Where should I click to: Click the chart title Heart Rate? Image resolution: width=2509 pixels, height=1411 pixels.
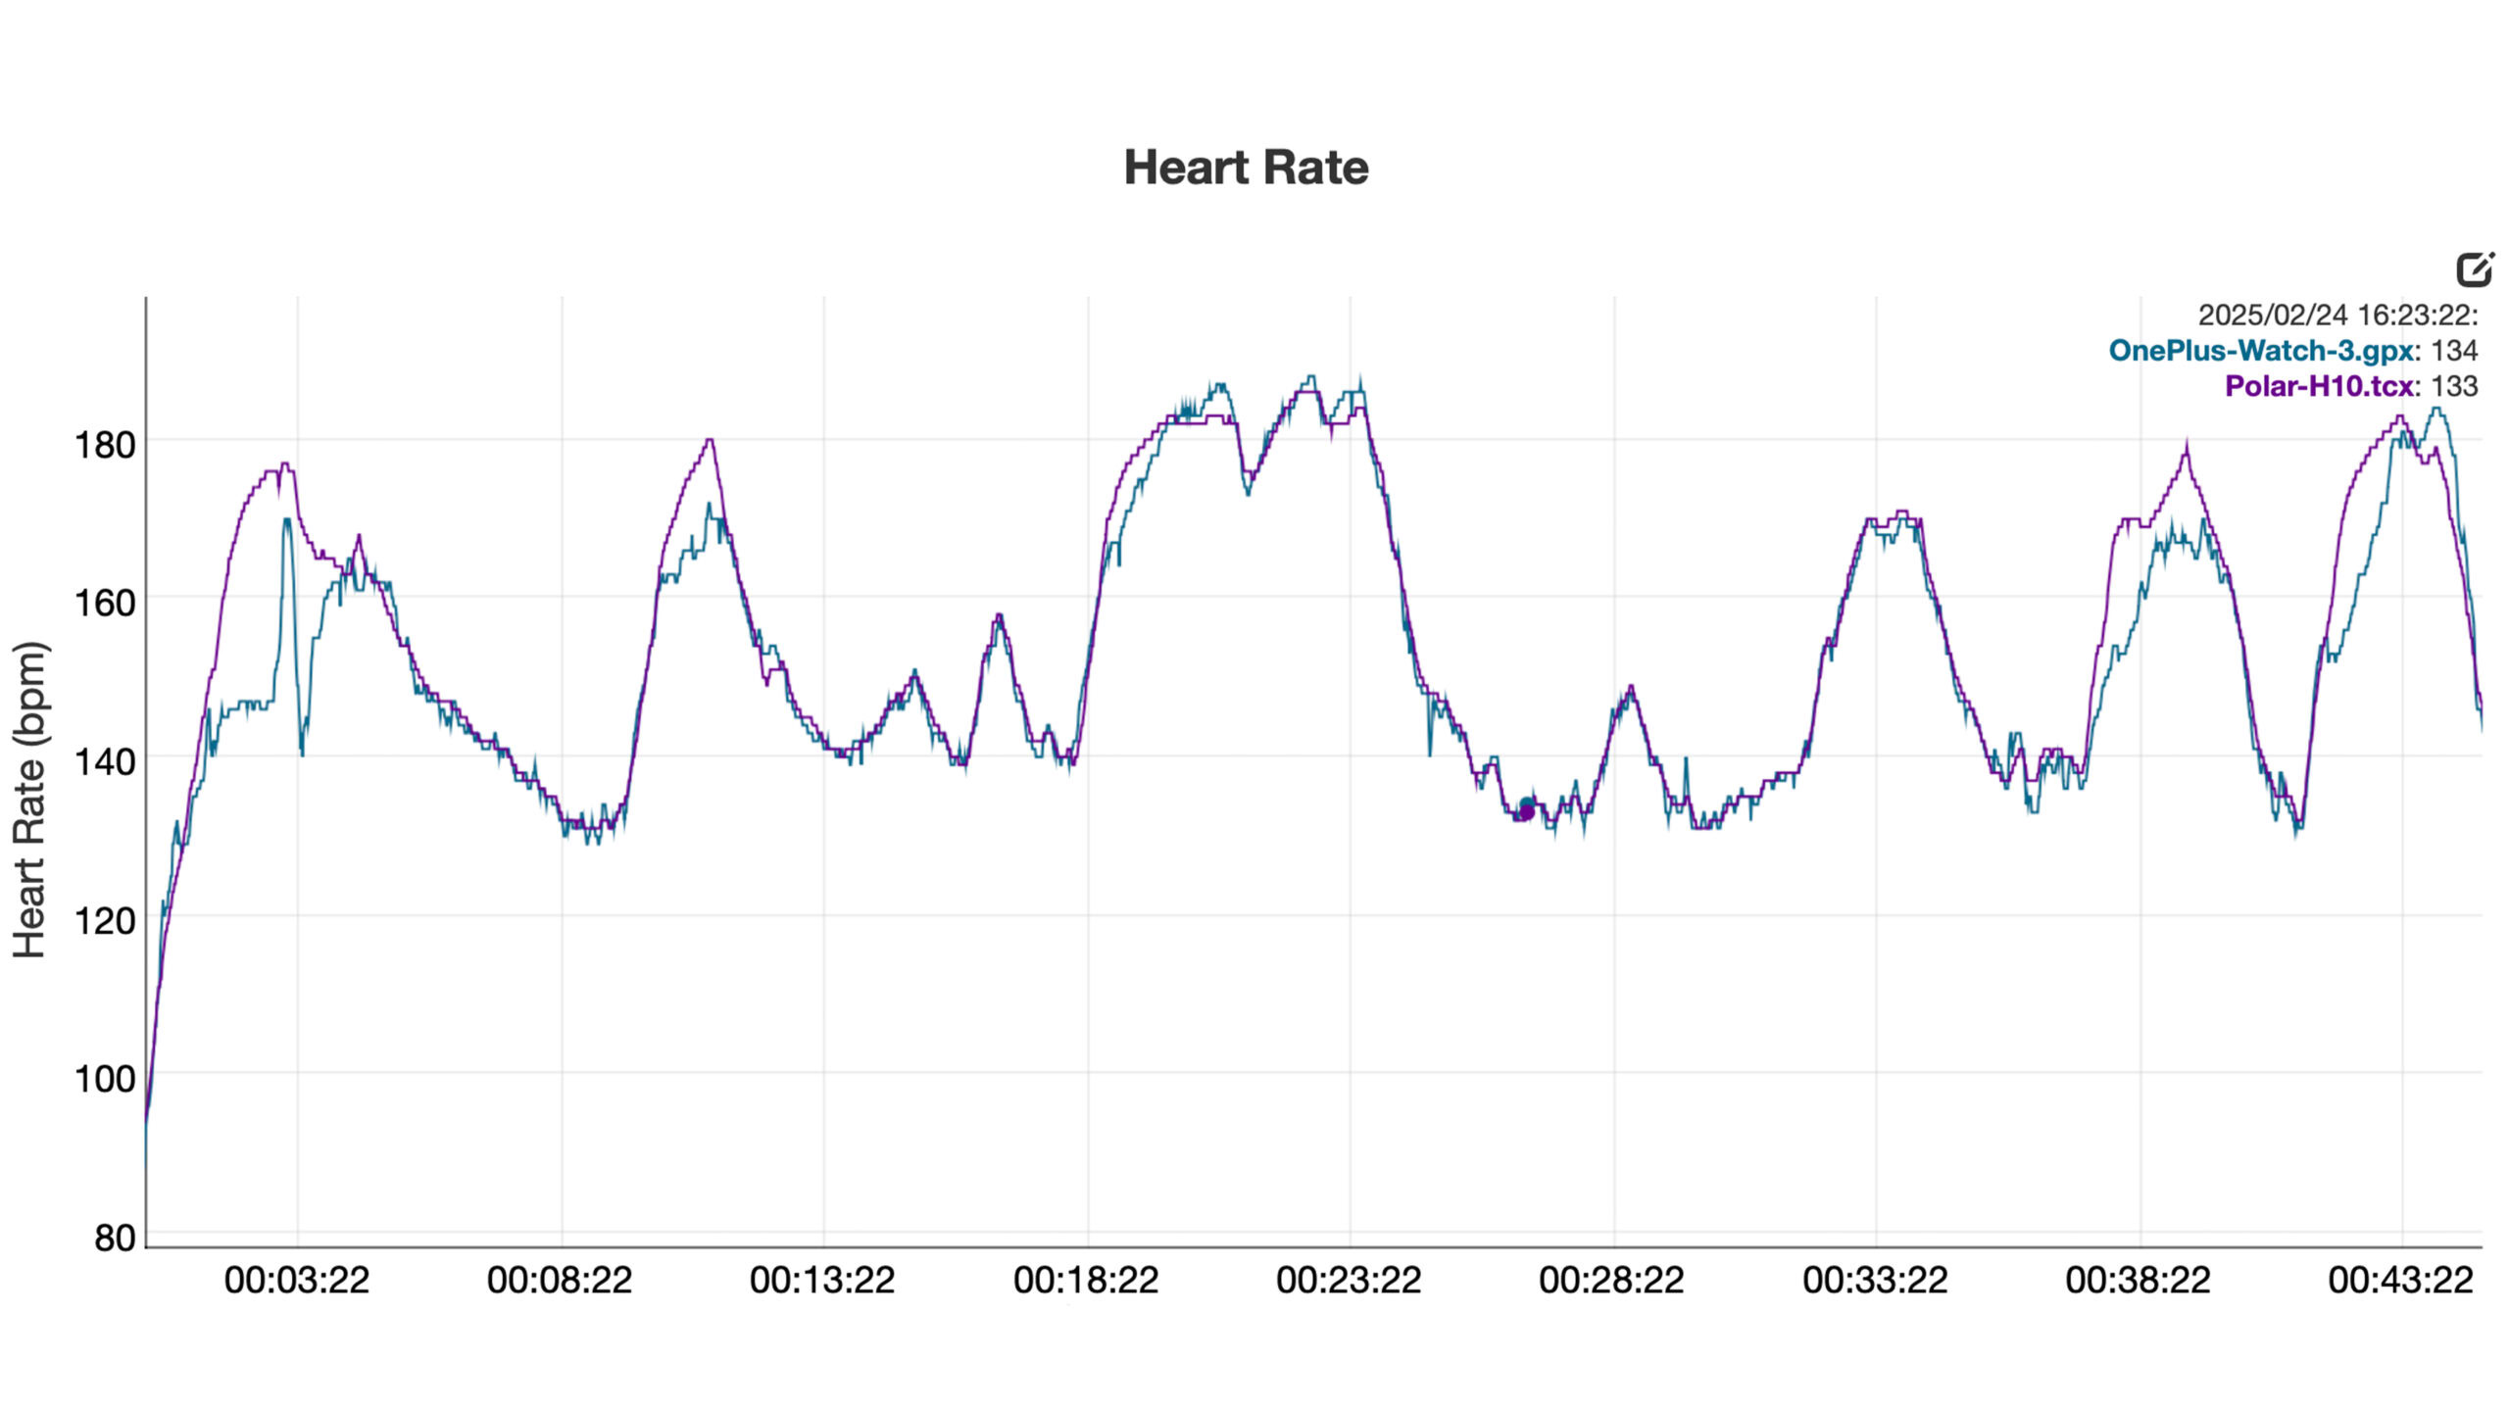point(1246,168)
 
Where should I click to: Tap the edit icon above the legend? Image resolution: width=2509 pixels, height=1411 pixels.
point(2475,268)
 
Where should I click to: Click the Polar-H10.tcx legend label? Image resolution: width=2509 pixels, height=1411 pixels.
point(2319,386)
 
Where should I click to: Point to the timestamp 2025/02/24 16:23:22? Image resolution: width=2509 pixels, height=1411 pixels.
point(2337,316)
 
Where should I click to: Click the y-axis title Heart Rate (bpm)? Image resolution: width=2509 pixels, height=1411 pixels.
point(29,799)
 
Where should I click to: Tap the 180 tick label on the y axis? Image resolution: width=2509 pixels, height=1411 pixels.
point(105,445)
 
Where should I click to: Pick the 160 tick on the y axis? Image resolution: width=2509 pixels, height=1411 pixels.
point(105,603)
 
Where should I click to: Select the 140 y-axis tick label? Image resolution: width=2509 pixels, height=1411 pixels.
point(105,761)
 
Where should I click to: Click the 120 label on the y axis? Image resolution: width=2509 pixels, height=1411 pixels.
point(105,920)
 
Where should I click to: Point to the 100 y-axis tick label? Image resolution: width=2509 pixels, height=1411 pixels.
point(105,1079)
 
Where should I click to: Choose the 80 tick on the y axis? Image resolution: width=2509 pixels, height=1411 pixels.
point(115,1238)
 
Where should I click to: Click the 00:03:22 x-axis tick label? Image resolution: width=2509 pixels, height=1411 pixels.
point(297,1281)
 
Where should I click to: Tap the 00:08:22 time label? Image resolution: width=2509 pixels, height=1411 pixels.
point(560,1281)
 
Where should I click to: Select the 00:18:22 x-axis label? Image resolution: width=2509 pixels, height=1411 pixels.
point(1086,1281)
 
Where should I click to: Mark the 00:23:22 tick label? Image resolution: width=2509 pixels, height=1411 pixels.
point(1349,1281)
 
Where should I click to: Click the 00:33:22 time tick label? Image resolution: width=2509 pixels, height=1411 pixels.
point(1875,1281)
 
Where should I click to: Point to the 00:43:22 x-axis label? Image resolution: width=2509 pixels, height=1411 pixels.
point(2401,1281)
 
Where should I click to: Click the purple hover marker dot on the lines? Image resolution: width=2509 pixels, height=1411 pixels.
point(1526,811)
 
